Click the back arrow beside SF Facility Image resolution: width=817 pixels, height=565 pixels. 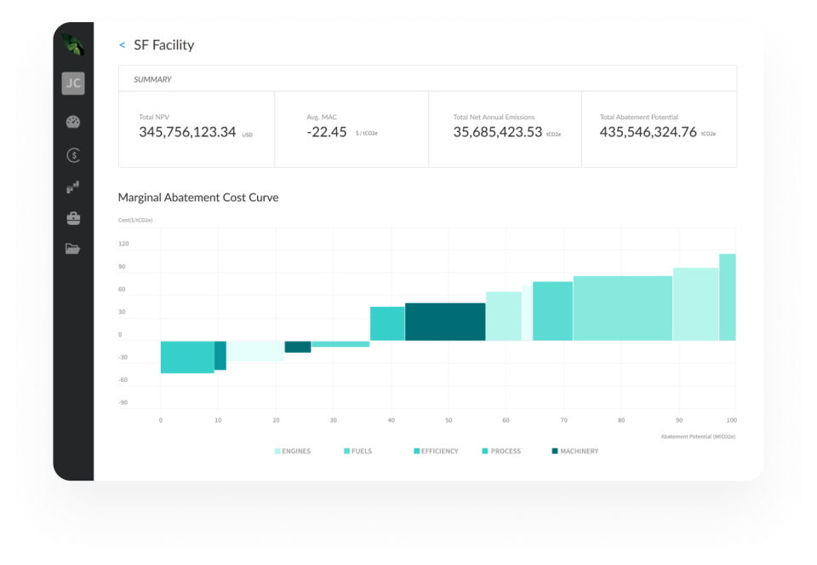tap(123, 45)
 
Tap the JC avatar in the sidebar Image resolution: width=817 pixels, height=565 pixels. tap(73, 84)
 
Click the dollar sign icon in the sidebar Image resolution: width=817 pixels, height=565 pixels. tap(73, 155)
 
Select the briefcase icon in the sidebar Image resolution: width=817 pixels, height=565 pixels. tap(73, 218)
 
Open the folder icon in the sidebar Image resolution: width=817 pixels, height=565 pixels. tap(73, 249)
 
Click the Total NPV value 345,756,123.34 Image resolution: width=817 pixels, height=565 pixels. tap(187, 132)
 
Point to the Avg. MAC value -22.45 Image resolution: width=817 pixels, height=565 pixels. tap(327, 132)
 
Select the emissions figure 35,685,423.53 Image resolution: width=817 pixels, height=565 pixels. tap(497, 132)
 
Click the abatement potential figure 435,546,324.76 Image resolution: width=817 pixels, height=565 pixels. tap(648, 132)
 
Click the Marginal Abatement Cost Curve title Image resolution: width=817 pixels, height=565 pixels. tap(198, 198)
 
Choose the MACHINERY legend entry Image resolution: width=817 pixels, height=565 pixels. tap(578, 451)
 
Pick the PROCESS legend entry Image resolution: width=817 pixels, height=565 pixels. tap(505, 451)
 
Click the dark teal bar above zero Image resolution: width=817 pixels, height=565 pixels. tap(445, 321)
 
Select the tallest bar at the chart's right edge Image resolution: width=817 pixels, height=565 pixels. tap(728, 297)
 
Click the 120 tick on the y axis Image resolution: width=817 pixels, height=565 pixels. tap(123, 244)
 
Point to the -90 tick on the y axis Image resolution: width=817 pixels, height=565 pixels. tap(123, 402)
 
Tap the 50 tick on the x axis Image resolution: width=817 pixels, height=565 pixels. tap(448, 420)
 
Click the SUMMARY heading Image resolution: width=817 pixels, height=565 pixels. tap(152, 79)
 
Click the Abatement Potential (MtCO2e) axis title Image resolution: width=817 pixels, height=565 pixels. tap(698, 436)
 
